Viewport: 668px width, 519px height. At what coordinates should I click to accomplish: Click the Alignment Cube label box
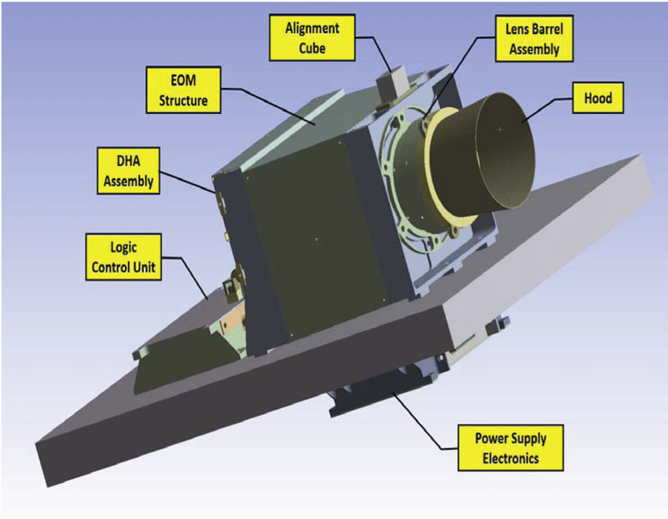coord(312,38)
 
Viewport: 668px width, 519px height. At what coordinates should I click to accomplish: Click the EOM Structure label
coord(183,90)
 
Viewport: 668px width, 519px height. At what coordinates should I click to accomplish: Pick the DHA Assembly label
coord(126,171)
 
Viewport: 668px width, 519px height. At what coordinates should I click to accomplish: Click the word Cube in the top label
coord(312,47)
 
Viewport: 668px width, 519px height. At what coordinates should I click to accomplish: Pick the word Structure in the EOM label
coord(183,100)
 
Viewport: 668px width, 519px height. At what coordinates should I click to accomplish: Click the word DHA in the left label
coord(126,161)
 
